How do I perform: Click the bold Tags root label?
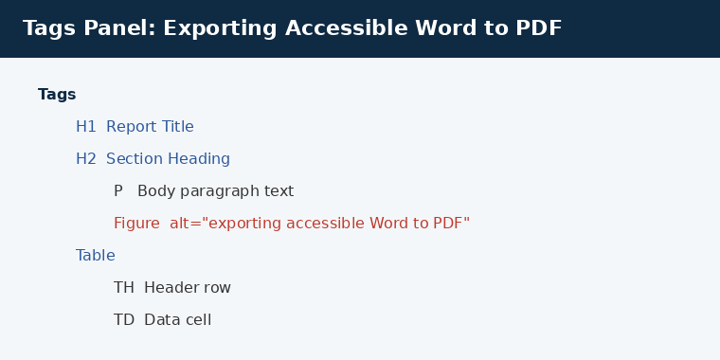pyautogui.click(x=57, y=95)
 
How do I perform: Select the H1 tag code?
pyautogui.click(x=86, y=127)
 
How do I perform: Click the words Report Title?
pyautogui.click(x=150, y=127)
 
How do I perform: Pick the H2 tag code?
pyautogui.click(x=86, y=159)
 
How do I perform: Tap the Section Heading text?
pyautogui.click(x=168, y=159)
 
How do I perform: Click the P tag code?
pyautogui.click(x=118, y=191)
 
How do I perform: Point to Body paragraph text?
pyautogui.click(x=215, y=191)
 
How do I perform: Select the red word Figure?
pyautogui.click(x=136, y=224)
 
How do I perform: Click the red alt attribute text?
pyautogui.click(x=320, y=224)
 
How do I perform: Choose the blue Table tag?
pyautogui.click(x=96, y=255)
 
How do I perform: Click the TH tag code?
pyautogui.click(x=124, y=288)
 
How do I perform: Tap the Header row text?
pyautogui.click(x=188, y=288)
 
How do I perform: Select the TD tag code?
pyautogui.click(x=124, y=320)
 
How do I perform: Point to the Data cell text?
pyautogui.click(x=178, y=320)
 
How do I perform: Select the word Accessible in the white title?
pyautogui.click(x=346, y=28)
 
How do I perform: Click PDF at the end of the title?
pyautogui.click(x=539, y=28)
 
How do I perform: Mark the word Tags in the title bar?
pyautogui.click(x=49, y=29)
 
